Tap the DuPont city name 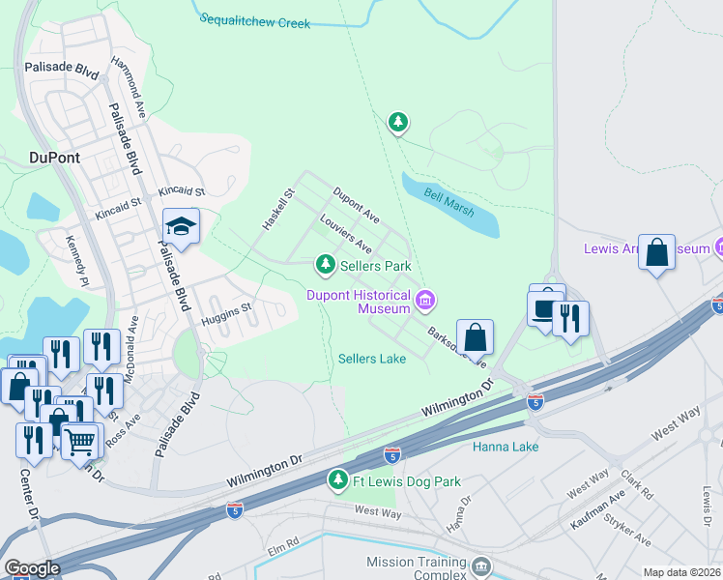click(x=55, y=157)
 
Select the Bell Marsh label click(x=448, y=194)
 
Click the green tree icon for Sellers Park click(x=327, y=264)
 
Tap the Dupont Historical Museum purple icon click(x=423, y=303)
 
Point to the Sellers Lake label click(x=372, y=359)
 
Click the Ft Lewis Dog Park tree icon click(x=337, y=479)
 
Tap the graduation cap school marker click(x=181, y=226)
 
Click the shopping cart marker click(x=81, y=441)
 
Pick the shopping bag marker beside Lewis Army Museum click(x=657, y=253)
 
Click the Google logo click(x=32, y=568)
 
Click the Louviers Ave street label click(x=346, y=234)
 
